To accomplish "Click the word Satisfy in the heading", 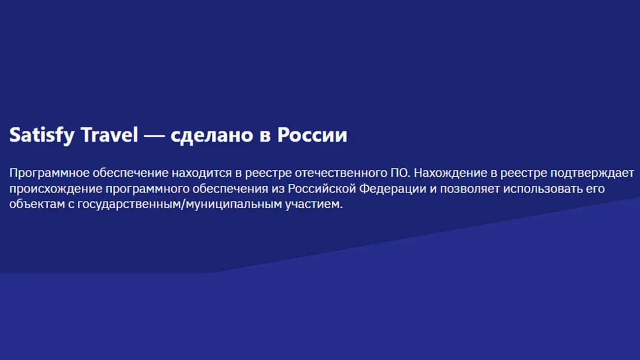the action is [42, 135].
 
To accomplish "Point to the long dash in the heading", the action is [154, 136].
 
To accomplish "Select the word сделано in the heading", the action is [212, 135].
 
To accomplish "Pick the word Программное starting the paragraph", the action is [49, 173].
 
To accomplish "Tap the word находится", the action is [202, 173].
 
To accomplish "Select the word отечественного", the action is [341, 173].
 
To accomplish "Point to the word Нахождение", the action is [452, 173].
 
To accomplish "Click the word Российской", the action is [322, 189].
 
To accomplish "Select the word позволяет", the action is [470, 189].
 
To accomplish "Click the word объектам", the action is [37, 204].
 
